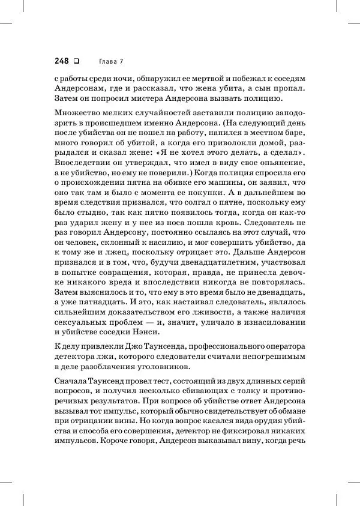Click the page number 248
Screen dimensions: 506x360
tap(62, 61)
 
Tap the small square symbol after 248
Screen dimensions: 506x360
tap(76, 61)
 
